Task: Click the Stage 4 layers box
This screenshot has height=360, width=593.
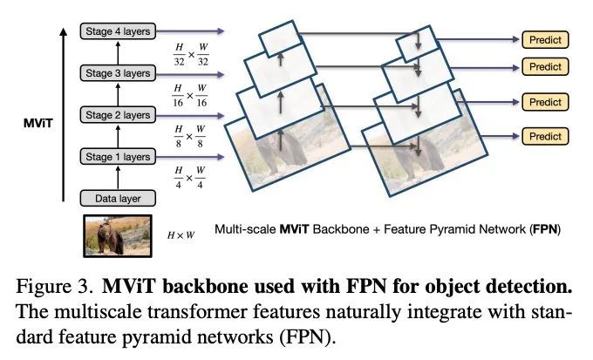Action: [118, 31]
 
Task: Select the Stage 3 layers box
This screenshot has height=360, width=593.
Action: [118, 73]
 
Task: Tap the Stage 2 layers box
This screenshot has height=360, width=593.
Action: [118, 115]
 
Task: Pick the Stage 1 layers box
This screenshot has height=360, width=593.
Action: [118, 157]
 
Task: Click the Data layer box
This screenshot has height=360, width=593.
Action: [118, 198]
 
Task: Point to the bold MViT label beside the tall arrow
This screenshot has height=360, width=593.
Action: [37, 123]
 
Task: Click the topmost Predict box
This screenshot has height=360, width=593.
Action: [545, 40]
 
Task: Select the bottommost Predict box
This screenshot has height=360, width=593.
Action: [545, 136]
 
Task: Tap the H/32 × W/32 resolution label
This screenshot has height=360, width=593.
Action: [191, 55]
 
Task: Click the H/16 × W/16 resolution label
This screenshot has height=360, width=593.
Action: [190, 96]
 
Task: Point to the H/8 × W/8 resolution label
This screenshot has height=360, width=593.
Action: [189, 137]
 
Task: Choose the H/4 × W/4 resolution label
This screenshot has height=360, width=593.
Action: [189, 178]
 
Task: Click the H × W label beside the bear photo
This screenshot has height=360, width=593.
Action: [181, 235]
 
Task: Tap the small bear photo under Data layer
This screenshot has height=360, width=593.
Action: [118, 236]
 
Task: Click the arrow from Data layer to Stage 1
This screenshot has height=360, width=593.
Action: [118, 177]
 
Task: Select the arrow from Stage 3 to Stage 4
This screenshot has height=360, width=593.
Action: [118, 52]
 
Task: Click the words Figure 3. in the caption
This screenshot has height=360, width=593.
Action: [54, 286]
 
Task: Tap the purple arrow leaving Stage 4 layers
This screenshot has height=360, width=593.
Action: [190, 31]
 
